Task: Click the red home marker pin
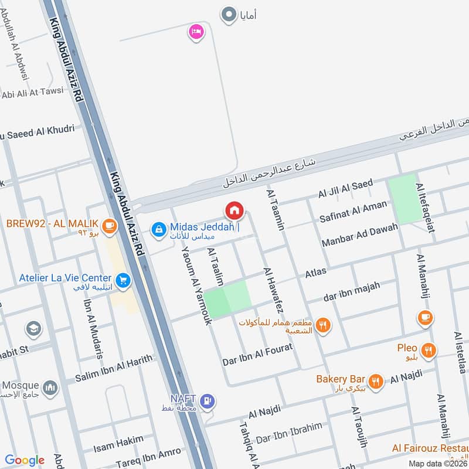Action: click(x=234, y=209)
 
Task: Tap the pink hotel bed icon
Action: click(x=196, y=31)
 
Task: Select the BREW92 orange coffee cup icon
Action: click(x=108, y=225)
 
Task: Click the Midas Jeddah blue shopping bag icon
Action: click(x=158, y=230)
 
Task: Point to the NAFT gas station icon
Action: click(x=207, y=402)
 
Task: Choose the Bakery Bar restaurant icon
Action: click(x=376, y=380)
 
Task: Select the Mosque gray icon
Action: click(x=51, y=387)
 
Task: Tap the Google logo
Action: click(x=24, y=460)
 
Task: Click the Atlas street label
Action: click(x=315, y=273)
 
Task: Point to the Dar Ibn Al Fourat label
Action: click(x=257, y=354)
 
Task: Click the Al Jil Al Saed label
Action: click(x=345, y=189)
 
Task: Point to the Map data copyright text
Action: click(x=437, y=463)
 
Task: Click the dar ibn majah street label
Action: click(x=351, y=291)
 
